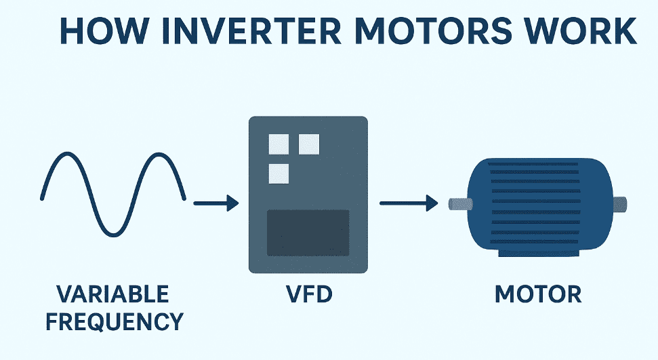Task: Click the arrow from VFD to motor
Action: click(407, 203)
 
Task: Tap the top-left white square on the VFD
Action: click(279, 144)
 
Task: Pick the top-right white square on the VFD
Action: click(309, 144)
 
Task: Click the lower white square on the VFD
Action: click(279, 174)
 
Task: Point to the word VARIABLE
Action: click(112, 295)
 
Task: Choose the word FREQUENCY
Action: click(112, 321)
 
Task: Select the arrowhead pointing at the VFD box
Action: click(232, 203)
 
